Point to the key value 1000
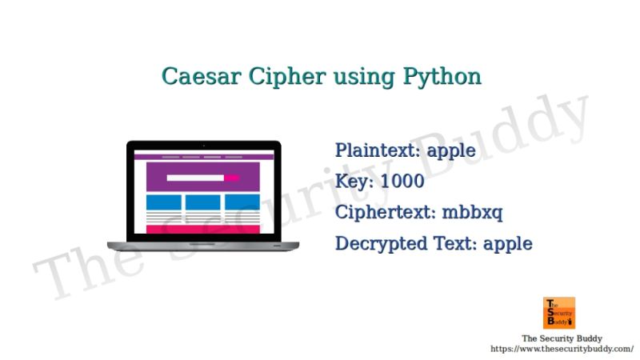click(x=402, y=182)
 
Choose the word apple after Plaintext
click(x=451, y=151)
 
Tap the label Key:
click(x=355, y=182)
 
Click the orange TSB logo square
click(x=559, y=313)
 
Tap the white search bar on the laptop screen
click(x=195, y=178)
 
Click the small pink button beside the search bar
click(x=232, y=178)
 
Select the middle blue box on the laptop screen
click(x=203, y=202)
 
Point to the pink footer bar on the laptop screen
click(x=203, y=230)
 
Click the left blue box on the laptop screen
click(x=165, y=202)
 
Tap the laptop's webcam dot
click(x=203, y=145)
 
